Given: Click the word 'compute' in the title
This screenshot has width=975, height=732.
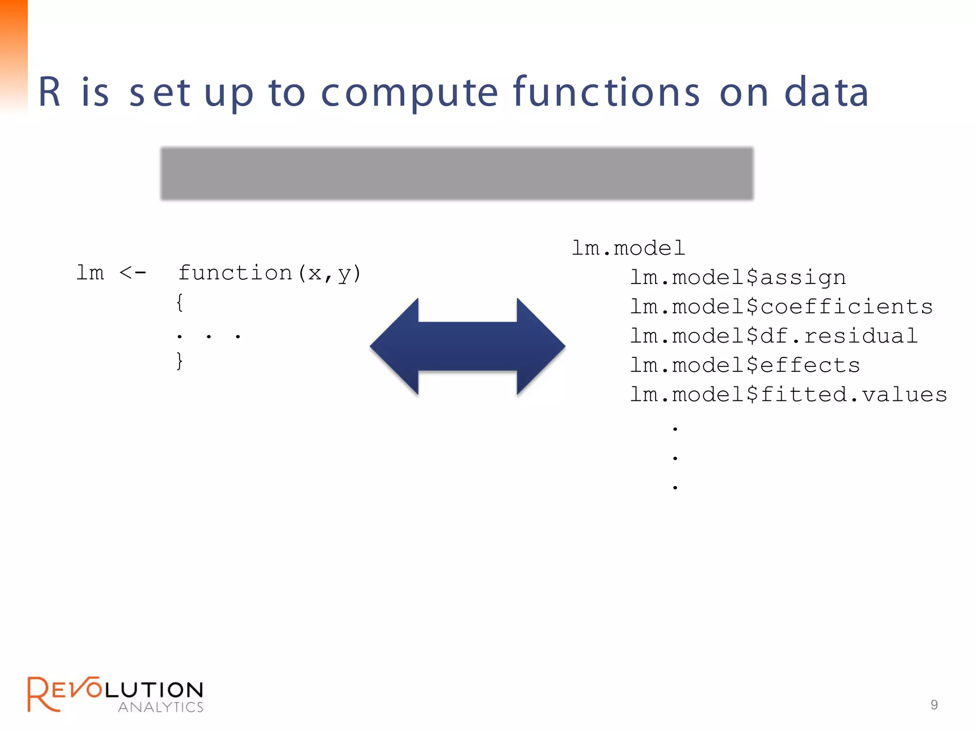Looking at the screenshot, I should pyautogui.click(x=409, y=93).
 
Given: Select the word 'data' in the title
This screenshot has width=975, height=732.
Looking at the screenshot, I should pyautogui.click(x=826, y=92).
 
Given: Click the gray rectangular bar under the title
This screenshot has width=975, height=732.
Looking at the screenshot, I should pyautogui.click(x=457, y=173).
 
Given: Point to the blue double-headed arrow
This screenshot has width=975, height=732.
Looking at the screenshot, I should pyautogui.click(x=468, y=346).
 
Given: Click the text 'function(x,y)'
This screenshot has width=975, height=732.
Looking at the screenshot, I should pyautogui.click(x=269, y=273).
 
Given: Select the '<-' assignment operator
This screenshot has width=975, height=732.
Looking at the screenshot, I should pyautogui.click(x=132, y=273).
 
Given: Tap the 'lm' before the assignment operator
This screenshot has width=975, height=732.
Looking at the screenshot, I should pyautogui.click(x=90, y=273).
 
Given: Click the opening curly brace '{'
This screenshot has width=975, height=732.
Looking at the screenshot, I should pyautogui.click(x=179, y=303).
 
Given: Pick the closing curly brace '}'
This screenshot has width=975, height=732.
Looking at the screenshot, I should pyautogui.click(x=179, y=361).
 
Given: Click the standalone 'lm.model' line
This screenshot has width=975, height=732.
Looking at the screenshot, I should pyautogui.click(x=628, y=248).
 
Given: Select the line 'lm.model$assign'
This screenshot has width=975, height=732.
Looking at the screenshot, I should pyautogui.click(x=737, y=277).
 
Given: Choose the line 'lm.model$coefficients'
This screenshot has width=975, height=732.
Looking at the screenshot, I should pyautogui.click(x=781, y=306).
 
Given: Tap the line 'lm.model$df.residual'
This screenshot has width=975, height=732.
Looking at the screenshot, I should pyautogui.click(x=774, y=336).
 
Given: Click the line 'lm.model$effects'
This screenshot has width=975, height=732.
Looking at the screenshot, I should pyautogui.click(x=745, y=365).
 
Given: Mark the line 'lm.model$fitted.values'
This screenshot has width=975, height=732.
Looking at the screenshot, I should pyautogui.click(x=788, y=395).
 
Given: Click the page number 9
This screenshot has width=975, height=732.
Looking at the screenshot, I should pyautogui.click(x=934, y=705).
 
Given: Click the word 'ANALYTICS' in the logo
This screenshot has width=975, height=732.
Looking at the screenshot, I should pyautogui.click(x=160, y=707).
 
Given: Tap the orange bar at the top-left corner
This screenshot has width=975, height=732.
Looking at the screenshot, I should pyautogui.click(x=13, y=52).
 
